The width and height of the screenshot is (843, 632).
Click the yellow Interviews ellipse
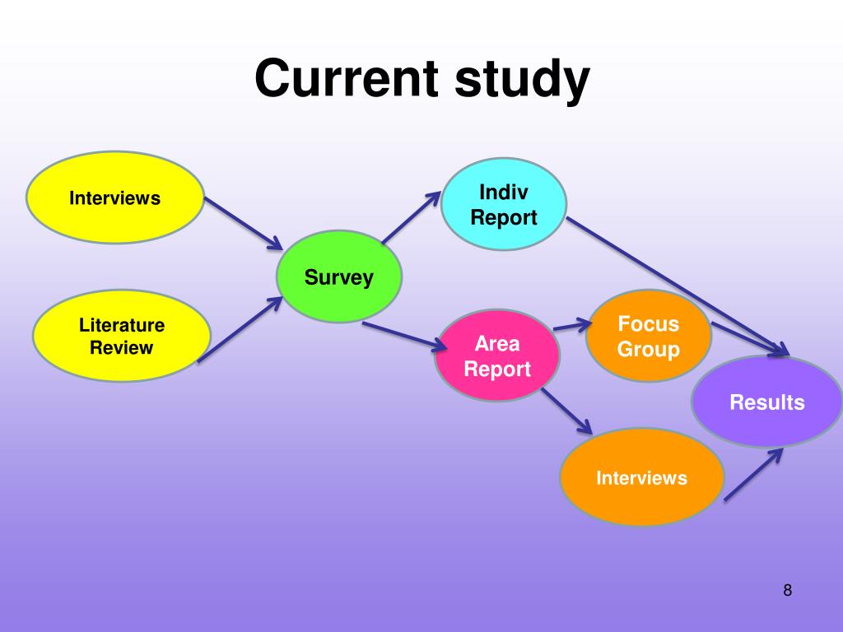tap(115, 197)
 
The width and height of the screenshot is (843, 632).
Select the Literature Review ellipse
tap(122, 336)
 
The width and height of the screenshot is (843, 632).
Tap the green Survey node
tap(338, 276)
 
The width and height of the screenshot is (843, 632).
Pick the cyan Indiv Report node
tap(504, 204)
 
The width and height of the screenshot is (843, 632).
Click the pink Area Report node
tap(497, 355)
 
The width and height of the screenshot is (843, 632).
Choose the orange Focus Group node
tap(649, 336)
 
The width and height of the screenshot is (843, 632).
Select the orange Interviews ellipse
tap(642, 477)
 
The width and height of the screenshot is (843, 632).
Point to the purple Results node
tap(766, 402)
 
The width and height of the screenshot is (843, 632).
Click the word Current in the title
tap(347, 78)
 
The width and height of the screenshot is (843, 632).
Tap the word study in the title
tap(522, 80)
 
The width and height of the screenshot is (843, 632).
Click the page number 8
tap(788, 590)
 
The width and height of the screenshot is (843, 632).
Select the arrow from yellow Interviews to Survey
tap(244, 224)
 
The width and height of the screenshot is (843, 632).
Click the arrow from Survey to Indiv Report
tap(412, 217)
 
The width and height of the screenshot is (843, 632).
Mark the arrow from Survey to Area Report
tap(404, 337)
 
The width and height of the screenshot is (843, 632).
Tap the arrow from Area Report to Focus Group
tap(573, 324)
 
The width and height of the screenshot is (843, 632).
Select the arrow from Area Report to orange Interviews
tap(566, 411)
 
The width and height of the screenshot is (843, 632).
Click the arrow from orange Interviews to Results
tap(754, 474)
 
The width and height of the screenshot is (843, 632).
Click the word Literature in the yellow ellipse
tap(122, 325)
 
